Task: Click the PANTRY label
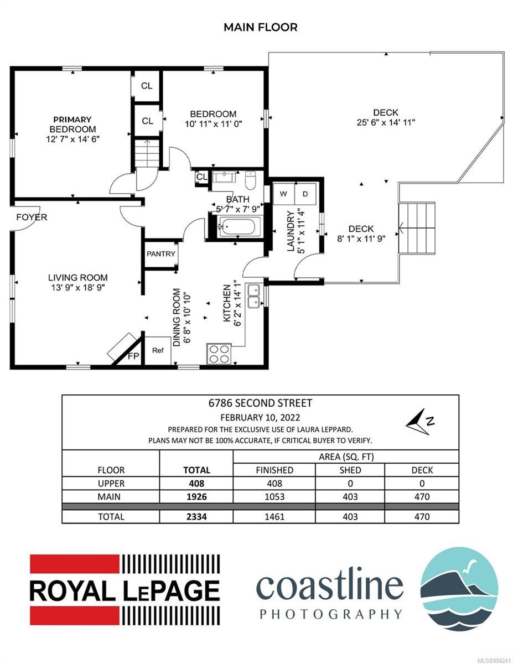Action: coord(160,253)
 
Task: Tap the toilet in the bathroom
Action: coord(250,181)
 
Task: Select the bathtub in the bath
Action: coord(239,226)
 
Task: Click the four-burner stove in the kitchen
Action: coord(219,354)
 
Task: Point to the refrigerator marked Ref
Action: coord(158,350)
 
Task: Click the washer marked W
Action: coord(283,194)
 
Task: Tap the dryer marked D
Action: coord(305,194)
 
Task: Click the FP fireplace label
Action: coord(133,356)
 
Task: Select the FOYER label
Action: coord(32,217)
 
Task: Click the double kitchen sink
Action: coord(253,296)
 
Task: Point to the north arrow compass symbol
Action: coord(419,422)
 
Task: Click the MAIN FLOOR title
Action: coord(261,28)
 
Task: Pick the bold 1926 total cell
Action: coord(197,497)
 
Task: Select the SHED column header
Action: coord(350,470)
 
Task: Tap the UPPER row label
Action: coord(111,484)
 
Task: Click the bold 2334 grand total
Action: coord(197,517)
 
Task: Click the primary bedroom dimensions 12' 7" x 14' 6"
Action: coord(73,139)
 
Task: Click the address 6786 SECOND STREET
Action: coord(260,403)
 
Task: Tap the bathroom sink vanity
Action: coord(224,177)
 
